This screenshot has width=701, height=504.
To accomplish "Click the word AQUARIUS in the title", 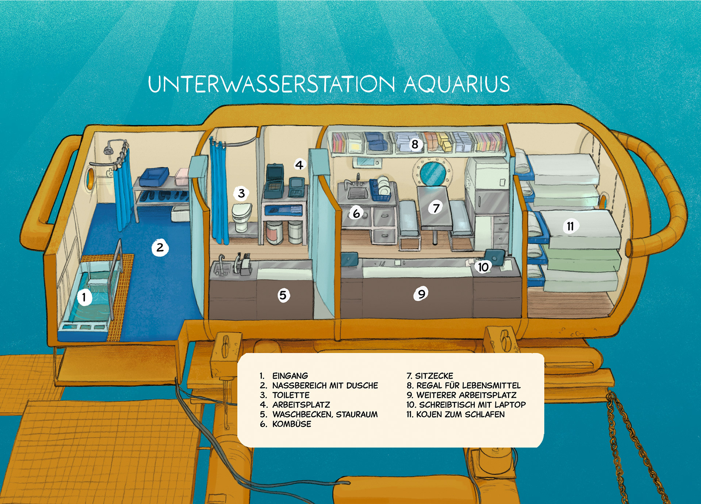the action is tap(456, 84).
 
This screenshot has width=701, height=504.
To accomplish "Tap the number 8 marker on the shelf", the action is tap(415, 145).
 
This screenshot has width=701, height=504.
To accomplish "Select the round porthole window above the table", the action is tap(433, 173).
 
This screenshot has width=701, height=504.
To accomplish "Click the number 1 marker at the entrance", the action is tap(84, 297).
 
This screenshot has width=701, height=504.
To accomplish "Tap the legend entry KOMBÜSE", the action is tap(292, 424).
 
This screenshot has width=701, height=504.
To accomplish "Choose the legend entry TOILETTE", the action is tap(291, 395).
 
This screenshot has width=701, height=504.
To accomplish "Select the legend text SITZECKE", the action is tap(434, 376).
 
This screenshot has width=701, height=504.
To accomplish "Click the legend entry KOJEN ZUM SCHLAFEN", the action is tap(460, 415).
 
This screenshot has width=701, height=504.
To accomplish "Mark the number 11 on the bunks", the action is tap(570, 226).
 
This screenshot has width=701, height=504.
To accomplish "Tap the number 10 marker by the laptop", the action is tap(483, 267).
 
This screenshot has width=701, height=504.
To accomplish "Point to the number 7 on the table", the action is tap(436, 208).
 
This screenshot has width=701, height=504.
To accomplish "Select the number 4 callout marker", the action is tap(299, 165).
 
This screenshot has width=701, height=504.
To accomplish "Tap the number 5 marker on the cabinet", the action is tap(283, 295).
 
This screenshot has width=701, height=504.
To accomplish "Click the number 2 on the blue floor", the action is tap(160, 248).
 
